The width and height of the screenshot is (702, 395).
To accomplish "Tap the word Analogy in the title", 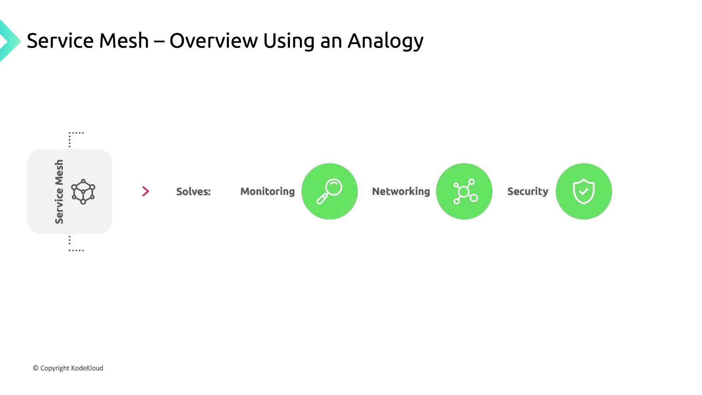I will pyautogui.click(x=385, y=41).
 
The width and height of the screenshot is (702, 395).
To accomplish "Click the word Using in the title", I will pyautogui.click(x=288, y=41).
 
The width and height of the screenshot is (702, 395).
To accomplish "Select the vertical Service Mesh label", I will pyautogui.click(x=59, y=191).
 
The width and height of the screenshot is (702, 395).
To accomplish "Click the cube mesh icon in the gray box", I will pyautogui.click(x=83, y=191).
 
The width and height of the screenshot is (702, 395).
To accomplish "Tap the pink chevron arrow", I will pyautogui.click(x=146, y=191).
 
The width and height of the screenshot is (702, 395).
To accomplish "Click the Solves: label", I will pyautogui.click(x=193, y=191).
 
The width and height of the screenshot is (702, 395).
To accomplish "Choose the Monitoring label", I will pyautogui.click(x=267, y=191).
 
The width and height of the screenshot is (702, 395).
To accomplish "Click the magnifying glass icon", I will pyautogui.click(x=329, y=191).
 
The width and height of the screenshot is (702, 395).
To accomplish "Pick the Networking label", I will pyautogui.click(x=401, y=191).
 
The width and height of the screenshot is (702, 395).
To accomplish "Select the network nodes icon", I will pyautogui.click(x=464, y=191).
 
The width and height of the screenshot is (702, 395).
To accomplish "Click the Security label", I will pyautogui.click(x=528, y=191).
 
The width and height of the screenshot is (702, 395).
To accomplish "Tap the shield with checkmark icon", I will pyautogui.click(x=584, y=191).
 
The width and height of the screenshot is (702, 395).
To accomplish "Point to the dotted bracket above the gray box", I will pyautogui.click(x=73, y=137).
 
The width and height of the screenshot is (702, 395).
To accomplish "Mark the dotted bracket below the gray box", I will pyautogui.click(x=73, y=247).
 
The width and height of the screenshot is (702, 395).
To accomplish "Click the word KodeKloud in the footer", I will pyautogui.click(x=87, y=368).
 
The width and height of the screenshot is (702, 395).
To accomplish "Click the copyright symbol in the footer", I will pyautogui.click(x=36, y=368).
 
